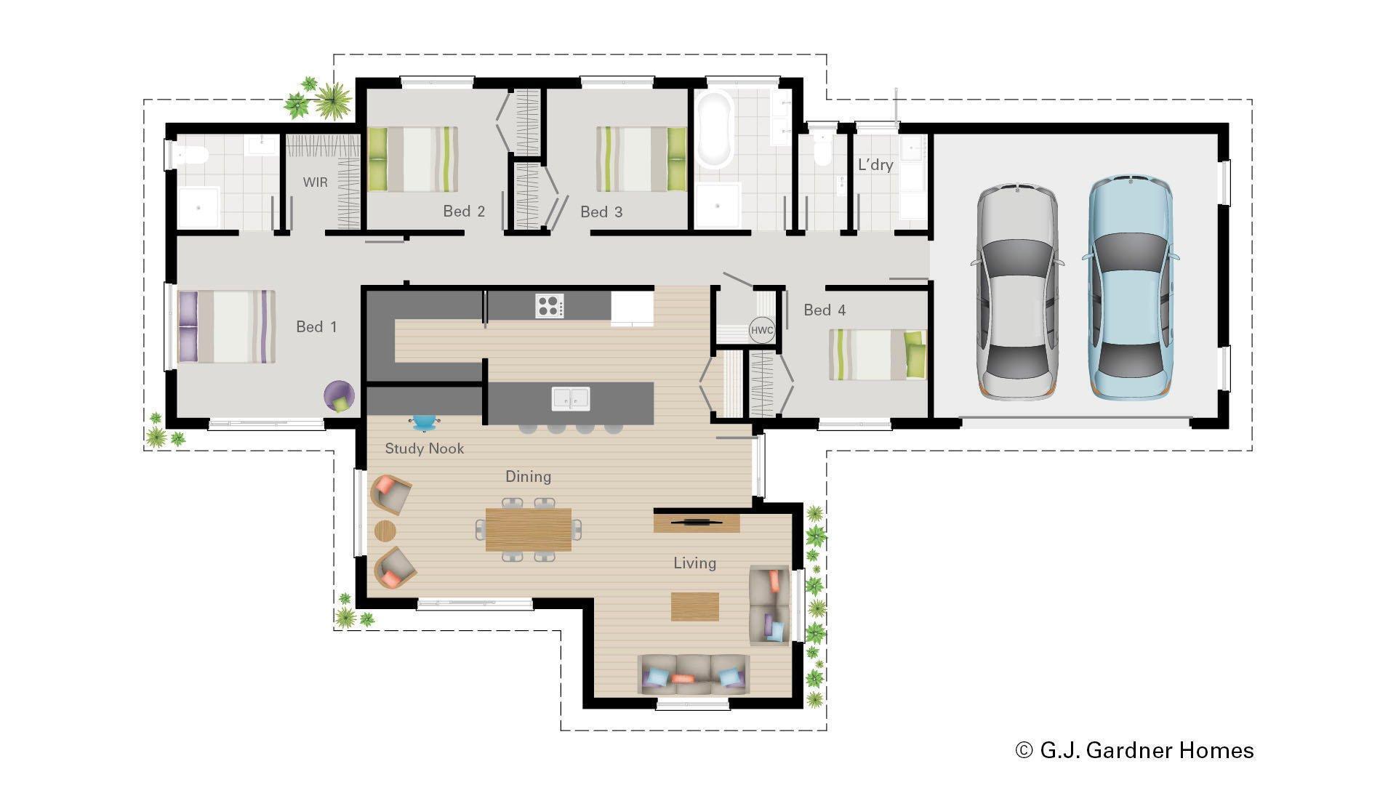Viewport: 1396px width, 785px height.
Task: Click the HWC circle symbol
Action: tap(761, 331)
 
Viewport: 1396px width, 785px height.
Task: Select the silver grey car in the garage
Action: tap(1016, 291)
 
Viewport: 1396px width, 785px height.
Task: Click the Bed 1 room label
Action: tap(316, 327)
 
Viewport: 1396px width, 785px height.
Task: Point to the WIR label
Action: tap(315, 182)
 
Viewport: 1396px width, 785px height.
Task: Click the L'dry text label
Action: tap(875, 165)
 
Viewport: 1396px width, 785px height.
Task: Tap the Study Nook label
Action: tap(424, 448)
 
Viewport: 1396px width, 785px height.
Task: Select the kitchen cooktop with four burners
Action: tap(549, 305)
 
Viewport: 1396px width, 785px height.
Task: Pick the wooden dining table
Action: tap(529, 530)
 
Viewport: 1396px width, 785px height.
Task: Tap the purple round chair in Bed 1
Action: tap(339, 396)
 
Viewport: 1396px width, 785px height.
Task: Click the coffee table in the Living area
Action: tap(694, 606)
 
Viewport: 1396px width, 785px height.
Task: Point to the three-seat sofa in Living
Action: tap(694, 674)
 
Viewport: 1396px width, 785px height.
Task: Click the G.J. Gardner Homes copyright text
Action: tap(1134, 750)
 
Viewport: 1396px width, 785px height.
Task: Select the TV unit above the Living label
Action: tap(696, 523)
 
